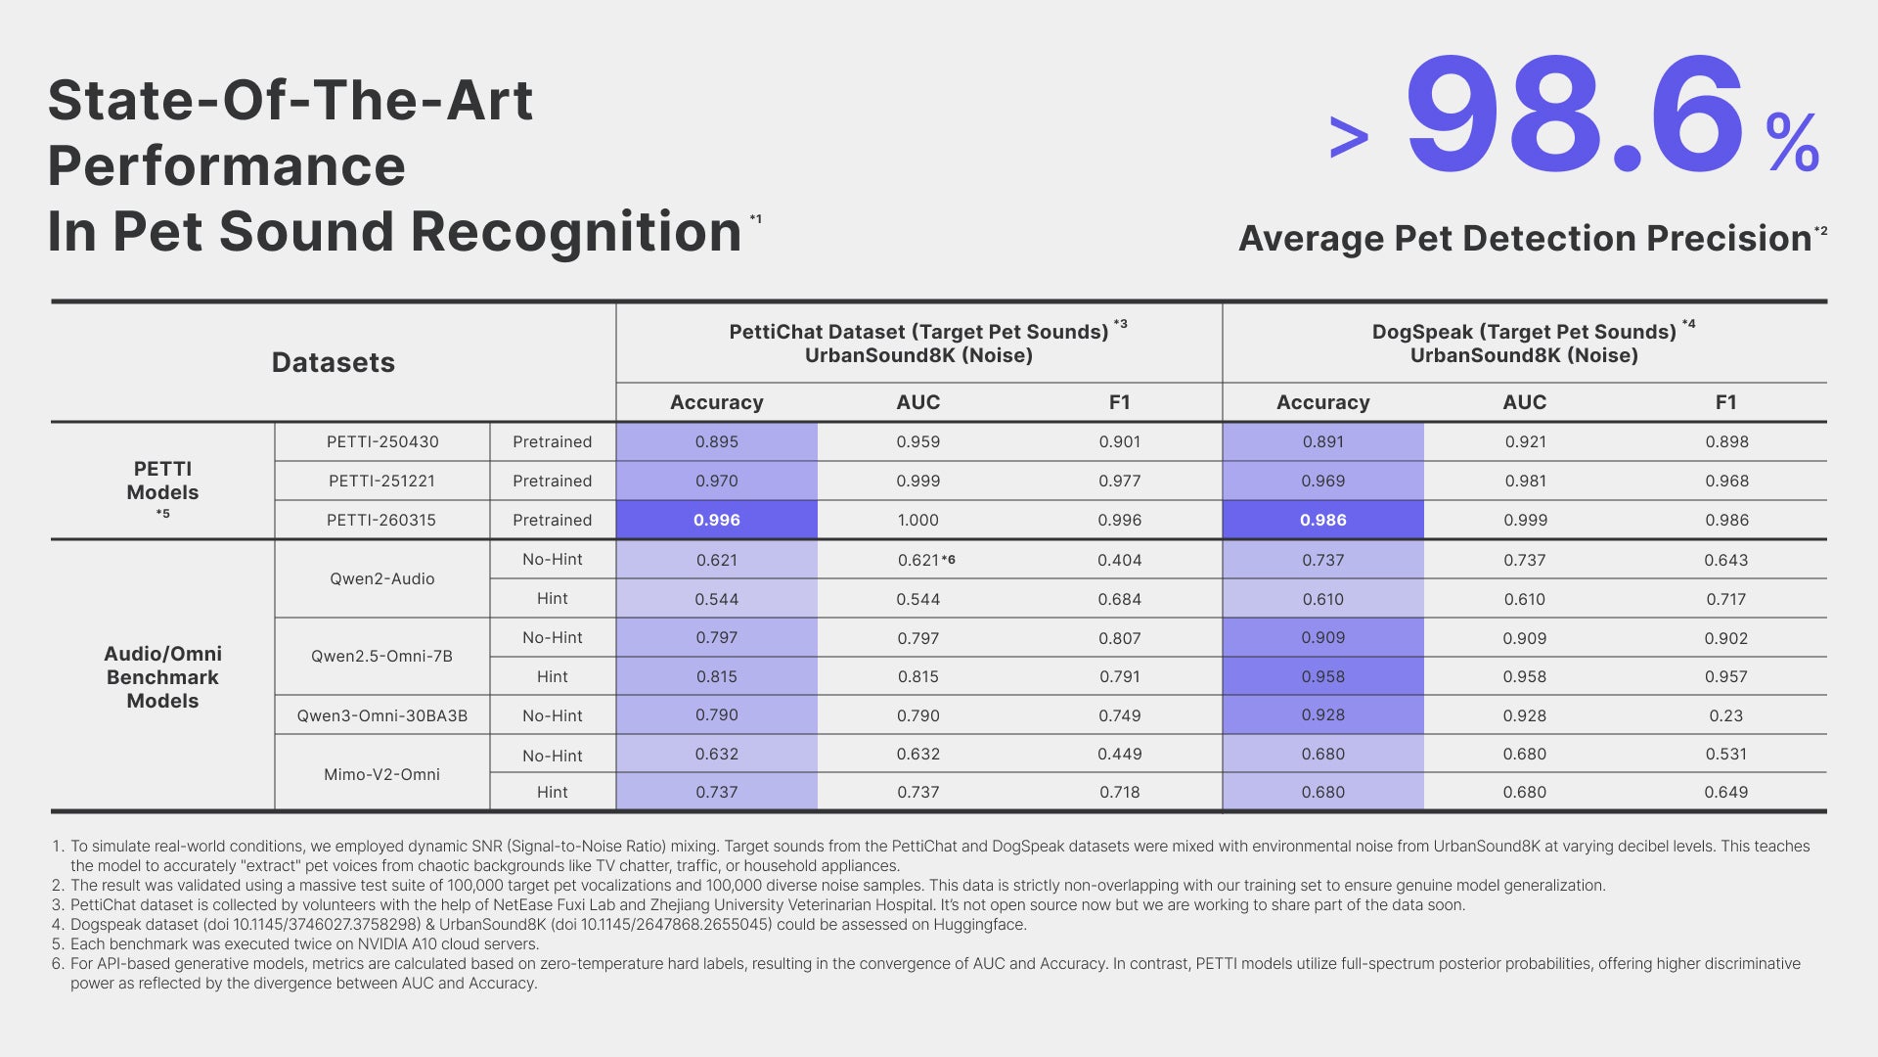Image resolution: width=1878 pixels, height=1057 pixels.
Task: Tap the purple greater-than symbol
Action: point(1349,138)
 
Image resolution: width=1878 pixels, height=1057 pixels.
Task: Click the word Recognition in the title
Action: point(576,232)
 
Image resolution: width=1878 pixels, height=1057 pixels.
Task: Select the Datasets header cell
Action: point(334,363)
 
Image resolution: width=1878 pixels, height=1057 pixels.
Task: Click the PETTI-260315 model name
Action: point(381,520)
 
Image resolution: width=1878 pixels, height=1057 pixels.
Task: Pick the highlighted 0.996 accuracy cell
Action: point(717,520)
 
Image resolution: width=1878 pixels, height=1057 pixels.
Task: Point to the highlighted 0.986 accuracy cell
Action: point(1323,520)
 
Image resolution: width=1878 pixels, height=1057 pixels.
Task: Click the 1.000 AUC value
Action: point(917,520)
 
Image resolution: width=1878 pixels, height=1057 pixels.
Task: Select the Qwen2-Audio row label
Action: point(381,578)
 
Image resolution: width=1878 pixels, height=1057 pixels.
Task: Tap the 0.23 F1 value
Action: point(1726,715)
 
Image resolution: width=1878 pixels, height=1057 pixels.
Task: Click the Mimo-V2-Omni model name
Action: point(381,774)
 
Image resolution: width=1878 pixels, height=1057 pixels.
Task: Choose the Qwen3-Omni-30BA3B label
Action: point(381,715)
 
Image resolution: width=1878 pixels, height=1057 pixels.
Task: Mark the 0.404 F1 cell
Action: point(1120,560)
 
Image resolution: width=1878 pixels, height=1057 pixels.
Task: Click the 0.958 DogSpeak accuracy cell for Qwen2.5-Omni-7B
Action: point(1323,676)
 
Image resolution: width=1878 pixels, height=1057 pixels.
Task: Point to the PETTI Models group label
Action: point(162,481)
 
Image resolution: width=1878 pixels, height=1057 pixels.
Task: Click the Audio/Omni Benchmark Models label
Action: point(162,677)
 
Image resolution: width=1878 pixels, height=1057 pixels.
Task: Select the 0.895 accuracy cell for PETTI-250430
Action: point(717,441)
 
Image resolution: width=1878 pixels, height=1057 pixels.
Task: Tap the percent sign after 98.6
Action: point(1793,143)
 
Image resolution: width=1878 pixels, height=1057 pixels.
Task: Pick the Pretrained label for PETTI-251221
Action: point(553,481)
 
